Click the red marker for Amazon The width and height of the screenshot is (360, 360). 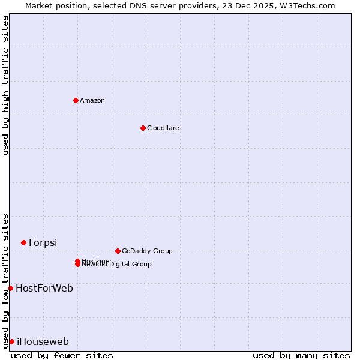[76, 100]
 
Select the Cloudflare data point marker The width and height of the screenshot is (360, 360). [143, 128]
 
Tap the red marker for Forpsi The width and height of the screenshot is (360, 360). [23, 242]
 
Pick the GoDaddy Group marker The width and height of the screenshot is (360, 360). [118, 251]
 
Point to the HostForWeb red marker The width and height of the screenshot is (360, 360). [10, 288]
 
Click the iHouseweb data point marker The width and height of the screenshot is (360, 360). [11, 341]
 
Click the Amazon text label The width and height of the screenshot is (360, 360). [92, 100]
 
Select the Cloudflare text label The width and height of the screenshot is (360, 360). [163, 128]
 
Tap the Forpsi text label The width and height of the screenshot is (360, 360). [43, 242]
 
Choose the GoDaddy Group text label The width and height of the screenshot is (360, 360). [147, 251]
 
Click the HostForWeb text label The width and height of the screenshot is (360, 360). [44, 288]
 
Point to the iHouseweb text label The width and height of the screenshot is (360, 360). [43, 341]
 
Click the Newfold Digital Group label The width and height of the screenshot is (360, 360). [118, 265]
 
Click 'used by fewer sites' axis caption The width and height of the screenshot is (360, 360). [62, 355]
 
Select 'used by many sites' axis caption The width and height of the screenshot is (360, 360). [301, 355]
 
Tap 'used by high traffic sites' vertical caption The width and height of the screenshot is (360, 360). [5, 85]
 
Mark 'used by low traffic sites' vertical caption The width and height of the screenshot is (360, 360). [5, 280]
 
